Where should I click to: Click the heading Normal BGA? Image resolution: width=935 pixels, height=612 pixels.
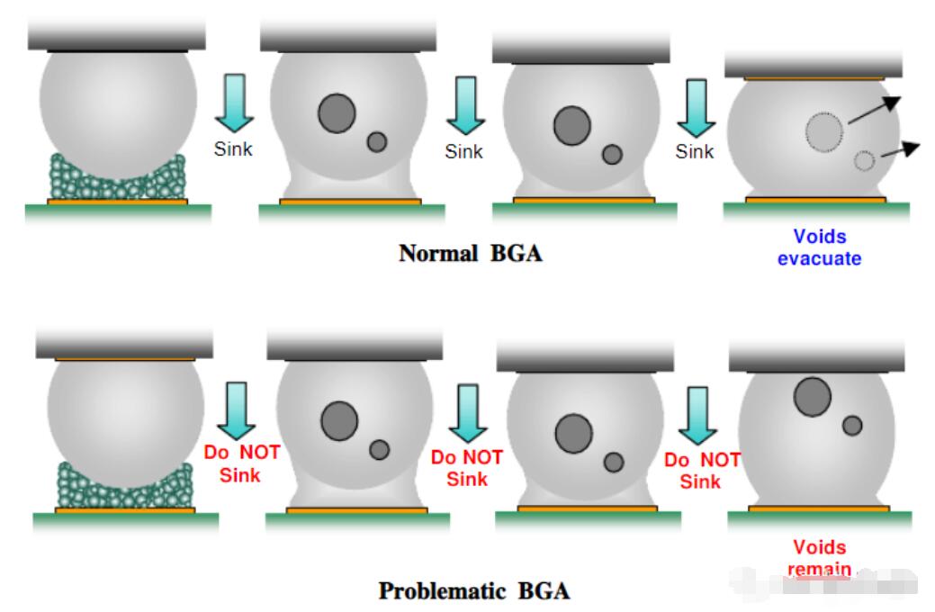tap(471, 253)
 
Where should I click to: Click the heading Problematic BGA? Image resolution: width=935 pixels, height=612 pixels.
tap(474, 591)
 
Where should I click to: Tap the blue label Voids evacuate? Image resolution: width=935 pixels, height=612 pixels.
tap(820, 247)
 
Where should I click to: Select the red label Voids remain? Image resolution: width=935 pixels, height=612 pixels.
tap(819, 557)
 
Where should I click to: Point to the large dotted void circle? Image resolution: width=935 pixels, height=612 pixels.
tap(824, 132)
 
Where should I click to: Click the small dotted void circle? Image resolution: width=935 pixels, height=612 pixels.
tap(864, 161)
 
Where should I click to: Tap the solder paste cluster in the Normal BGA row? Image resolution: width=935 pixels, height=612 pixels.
tap(117, 179)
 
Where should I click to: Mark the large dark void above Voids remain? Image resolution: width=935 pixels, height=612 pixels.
tap(813, 397)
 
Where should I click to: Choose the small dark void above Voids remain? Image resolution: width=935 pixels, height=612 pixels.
tap(852, 426)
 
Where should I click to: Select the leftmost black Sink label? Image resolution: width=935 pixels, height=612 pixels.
tap(233, 149)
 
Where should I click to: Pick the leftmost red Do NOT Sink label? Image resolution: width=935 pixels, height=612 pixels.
tap(240, 463)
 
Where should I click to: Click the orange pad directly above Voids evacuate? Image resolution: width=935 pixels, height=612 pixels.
tap(815, 200)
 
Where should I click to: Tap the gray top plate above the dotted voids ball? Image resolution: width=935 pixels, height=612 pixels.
tap(814, 64)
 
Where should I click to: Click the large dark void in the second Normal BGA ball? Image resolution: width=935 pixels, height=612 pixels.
tap(337, 112)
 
